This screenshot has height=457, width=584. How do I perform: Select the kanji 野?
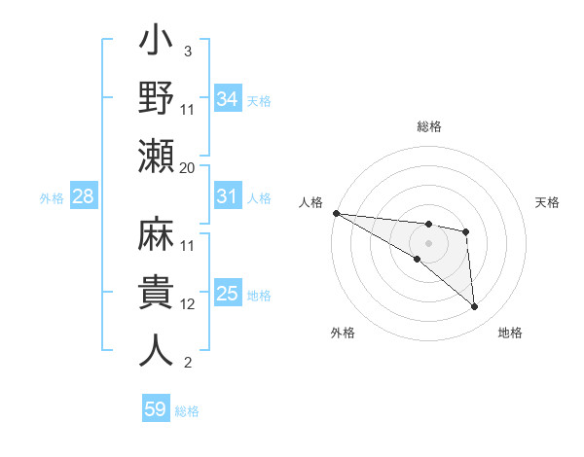(157, 99)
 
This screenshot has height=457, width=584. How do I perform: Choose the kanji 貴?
(157, 294)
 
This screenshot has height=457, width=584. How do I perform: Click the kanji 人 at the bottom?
(157, 349)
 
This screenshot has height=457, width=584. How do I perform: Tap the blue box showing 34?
(227, 98)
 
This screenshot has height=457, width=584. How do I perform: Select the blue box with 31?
(227, 196)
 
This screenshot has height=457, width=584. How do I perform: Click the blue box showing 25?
(227, 294)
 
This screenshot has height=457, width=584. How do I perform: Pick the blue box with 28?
(84, 197)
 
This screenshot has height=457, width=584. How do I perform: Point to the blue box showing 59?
(156, 409)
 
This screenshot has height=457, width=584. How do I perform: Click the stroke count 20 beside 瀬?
(188, 167)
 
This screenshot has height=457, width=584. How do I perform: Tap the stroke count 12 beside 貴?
(188, 304)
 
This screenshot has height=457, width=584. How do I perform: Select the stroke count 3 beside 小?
(187, 51)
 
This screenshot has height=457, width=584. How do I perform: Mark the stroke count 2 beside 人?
(187, 363)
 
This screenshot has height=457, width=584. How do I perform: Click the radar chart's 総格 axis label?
(429, 126)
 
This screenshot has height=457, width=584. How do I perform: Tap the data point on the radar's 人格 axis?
(336, 213)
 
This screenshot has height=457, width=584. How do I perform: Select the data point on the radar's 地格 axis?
(474, 306)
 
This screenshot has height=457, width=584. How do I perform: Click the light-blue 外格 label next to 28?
(52, 198)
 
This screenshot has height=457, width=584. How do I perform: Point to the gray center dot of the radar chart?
(428, 240)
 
